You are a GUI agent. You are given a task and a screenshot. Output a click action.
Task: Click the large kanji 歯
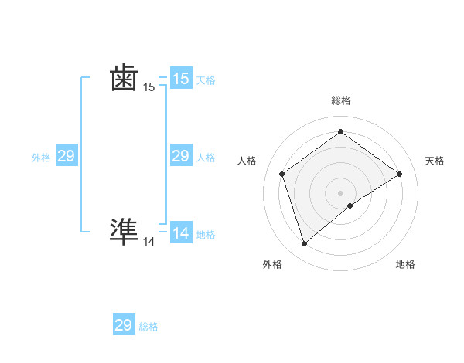click(124, 78)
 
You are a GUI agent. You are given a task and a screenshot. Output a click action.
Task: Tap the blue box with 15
click(181, 79)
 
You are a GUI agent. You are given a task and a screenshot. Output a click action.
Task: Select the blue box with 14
click(181, 233)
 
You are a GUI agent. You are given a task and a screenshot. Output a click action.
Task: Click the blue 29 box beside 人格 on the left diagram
click(181, 157)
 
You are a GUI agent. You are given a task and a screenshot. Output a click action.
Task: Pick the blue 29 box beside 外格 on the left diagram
click(66, 157)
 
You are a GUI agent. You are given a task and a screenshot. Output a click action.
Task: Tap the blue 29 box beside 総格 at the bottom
click(124, 325)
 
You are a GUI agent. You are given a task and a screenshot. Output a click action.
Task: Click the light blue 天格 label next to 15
click(206, 80)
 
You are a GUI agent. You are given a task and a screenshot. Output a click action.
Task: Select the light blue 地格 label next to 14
click(206, 235)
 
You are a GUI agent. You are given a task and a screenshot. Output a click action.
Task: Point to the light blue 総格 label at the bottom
click(148, 327)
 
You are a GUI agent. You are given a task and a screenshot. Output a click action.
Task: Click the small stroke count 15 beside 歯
click(149, 87)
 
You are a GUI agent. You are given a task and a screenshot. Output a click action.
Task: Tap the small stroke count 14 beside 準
click(149, 242)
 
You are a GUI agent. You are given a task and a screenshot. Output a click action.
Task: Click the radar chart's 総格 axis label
click(340, 100)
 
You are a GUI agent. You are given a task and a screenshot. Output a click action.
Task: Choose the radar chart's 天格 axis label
click(435, 161)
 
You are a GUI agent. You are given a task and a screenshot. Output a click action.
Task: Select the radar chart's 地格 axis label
click(405, 264)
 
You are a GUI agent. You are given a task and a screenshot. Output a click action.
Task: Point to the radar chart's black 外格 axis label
click(272, 264)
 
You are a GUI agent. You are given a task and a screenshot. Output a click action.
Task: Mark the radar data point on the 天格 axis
click(399, 174)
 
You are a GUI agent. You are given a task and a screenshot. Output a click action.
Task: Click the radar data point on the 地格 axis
click(350, 205)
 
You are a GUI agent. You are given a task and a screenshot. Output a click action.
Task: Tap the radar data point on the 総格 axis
click(340, 132)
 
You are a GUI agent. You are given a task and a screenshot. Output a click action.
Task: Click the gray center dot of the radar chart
click(340, 192)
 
